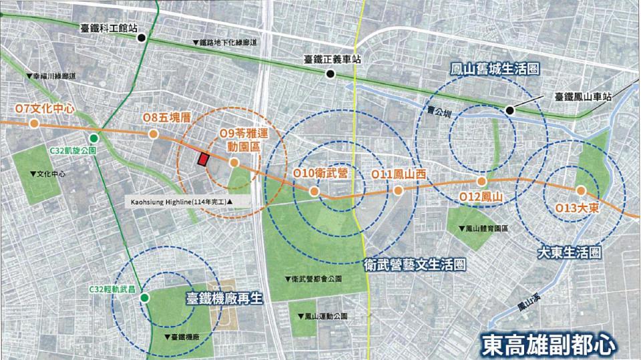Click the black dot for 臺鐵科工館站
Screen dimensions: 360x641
[142, 38]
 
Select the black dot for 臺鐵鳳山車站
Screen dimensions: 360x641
[510, 110]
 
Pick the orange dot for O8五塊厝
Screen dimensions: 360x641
[154, 134]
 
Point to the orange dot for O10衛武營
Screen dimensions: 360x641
[313, 190]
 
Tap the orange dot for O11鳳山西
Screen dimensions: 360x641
[398, 190]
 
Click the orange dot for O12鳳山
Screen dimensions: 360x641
[481, 182]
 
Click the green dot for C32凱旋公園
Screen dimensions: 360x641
[94, 138]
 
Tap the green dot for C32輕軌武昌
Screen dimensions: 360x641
[144, 299]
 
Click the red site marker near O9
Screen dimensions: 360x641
[201, 159]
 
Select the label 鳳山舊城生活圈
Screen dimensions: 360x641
[495, 69]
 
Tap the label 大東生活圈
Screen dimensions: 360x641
[570, 253]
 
